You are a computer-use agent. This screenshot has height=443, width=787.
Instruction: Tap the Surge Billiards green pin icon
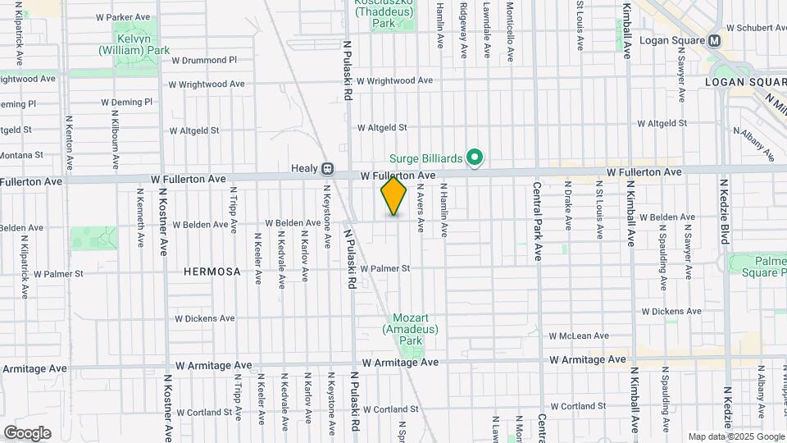click(474, 156)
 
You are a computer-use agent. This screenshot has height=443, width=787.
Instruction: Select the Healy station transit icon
click(327, 168)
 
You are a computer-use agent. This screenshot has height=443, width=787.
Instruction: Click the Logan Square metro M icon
click(715, 40)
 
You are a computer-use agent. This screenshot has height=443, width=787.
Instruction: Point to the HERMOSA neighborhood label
click(212, 272)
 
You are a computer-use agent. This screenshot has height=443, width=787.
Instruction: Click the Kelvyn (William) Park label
click(134, 44)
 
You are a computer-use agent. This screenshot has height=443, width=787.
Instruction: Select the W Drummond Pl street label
click(203, 60)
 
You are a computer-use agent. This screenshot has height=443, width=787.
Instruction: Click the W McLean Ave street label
click(579, 336)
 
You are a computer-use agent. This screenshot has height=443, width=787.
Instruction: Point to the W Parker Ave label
click(123, 16)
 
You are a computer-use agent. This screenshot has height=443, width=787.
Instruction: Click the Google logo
click(27, 433)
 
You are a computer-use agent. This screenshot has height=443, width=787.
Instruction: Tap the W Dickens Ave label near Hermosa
click(205, 318)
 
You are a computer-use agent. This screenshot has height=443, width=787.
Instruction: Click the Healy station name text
click(303, 168)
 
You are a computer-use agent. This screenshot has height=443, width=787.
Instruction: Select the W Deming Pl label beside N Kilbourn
click(127, 103)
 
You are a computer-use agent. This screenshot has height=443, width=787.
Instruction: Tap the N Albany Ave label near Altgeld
click(753, 144)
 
